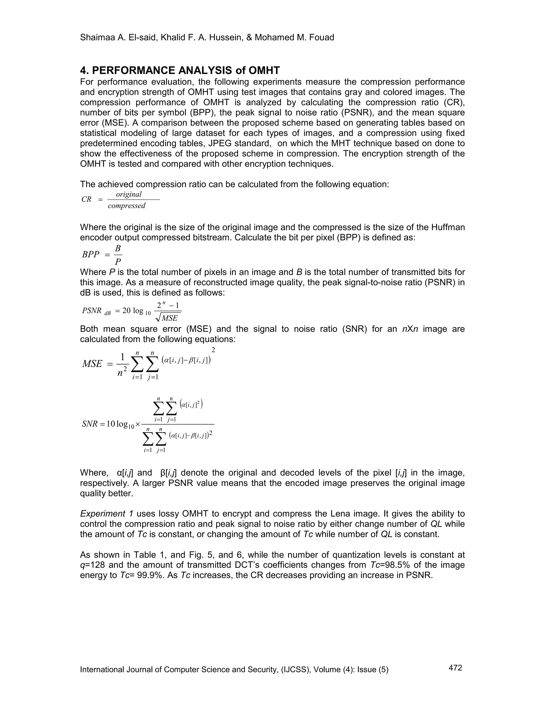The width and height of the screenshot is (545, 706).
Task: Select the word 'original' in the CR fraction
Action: coord(129,194)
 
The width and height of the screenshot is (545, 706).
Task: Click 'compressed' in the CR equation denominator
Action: coord(127,206)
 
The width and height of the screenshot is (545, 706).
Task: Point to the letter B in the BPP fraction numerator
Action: coord(118,248)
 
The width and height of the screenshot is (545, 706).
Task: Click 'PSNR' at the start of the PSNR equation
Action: coord(92,311)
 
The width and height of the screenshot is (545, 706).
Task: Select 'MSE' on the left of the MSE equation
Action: coord(92,364)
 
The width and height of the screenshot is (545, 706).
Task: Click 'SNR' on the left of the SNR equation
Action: coord(89,424)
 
